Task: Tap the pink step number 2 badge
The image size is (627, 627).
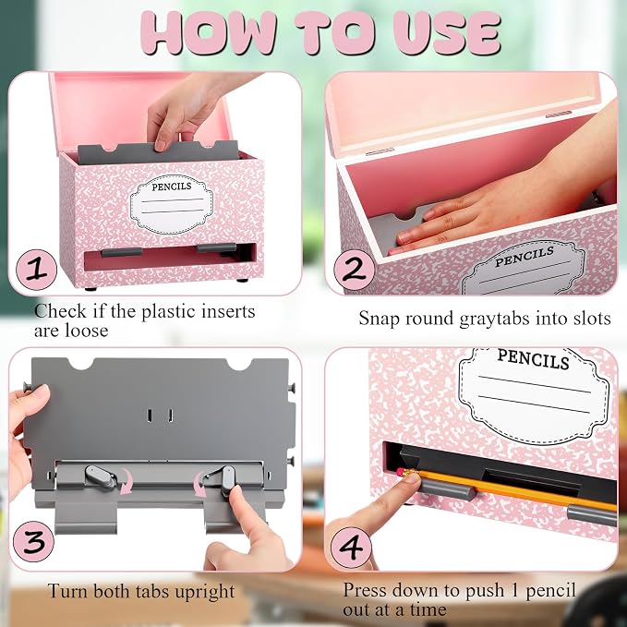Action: pyautogui.click(x=354, y=270)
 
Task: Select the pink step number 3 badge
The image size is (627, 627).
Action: pyautogui.click(x=33, y=541)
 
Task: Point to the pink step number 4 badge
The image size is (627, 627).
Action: pyautogui.click(x=351, y=548)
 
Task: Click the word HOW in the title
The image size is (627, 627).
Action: pyautogui.click(x=209, y=33)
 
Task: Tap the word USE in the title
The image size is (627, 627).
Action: pyautogui.click(x=447, y=33)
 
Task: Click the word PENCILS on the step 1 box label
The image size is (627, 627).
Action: pyautogui.click(x=172, y=187)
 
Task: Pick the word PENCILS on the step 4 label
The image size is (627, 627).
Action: pyautogui.click(x=533, y=359)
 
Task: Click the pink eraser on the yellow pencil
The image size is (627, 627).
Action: pyautogui.click(x=401, y=472)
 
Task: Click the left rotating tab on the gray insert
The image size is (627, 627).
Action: pyautogui.click(x=101, y=476)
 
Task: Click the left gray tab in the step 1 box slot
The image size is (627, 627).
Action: pyautogui.click(x=122, y=252)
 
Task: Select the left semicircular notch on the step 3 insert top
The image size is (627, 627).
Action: pyautogui.click(x=80, y=364)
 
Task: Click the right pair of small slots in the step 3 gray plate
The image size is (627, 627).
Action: pyautogui.click(x=160, y=416)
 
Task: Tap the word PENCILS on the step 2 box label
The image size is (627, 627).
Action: pyautogui.click(x=525, y=257)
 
